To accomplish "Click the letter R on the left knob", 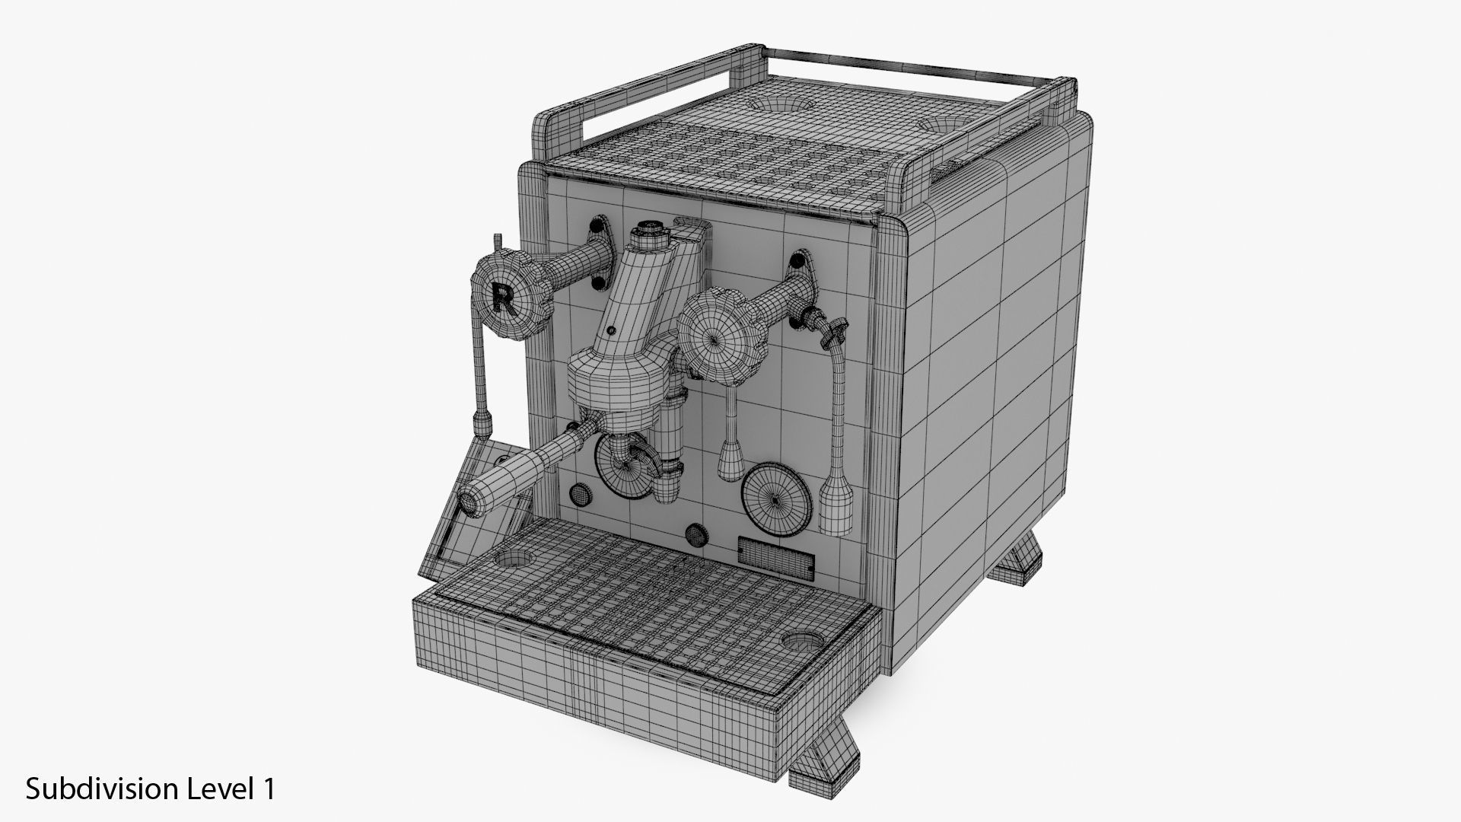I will (x=502, y=296).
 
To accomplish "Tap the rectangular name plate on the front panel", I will (x=776, y=554).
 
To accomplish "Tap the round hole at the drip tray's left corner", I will (x=512, y=559).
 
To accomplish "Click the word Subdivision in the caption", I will (x=102, y=789).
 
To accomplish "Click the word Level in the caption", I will (x=218, y=788).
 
